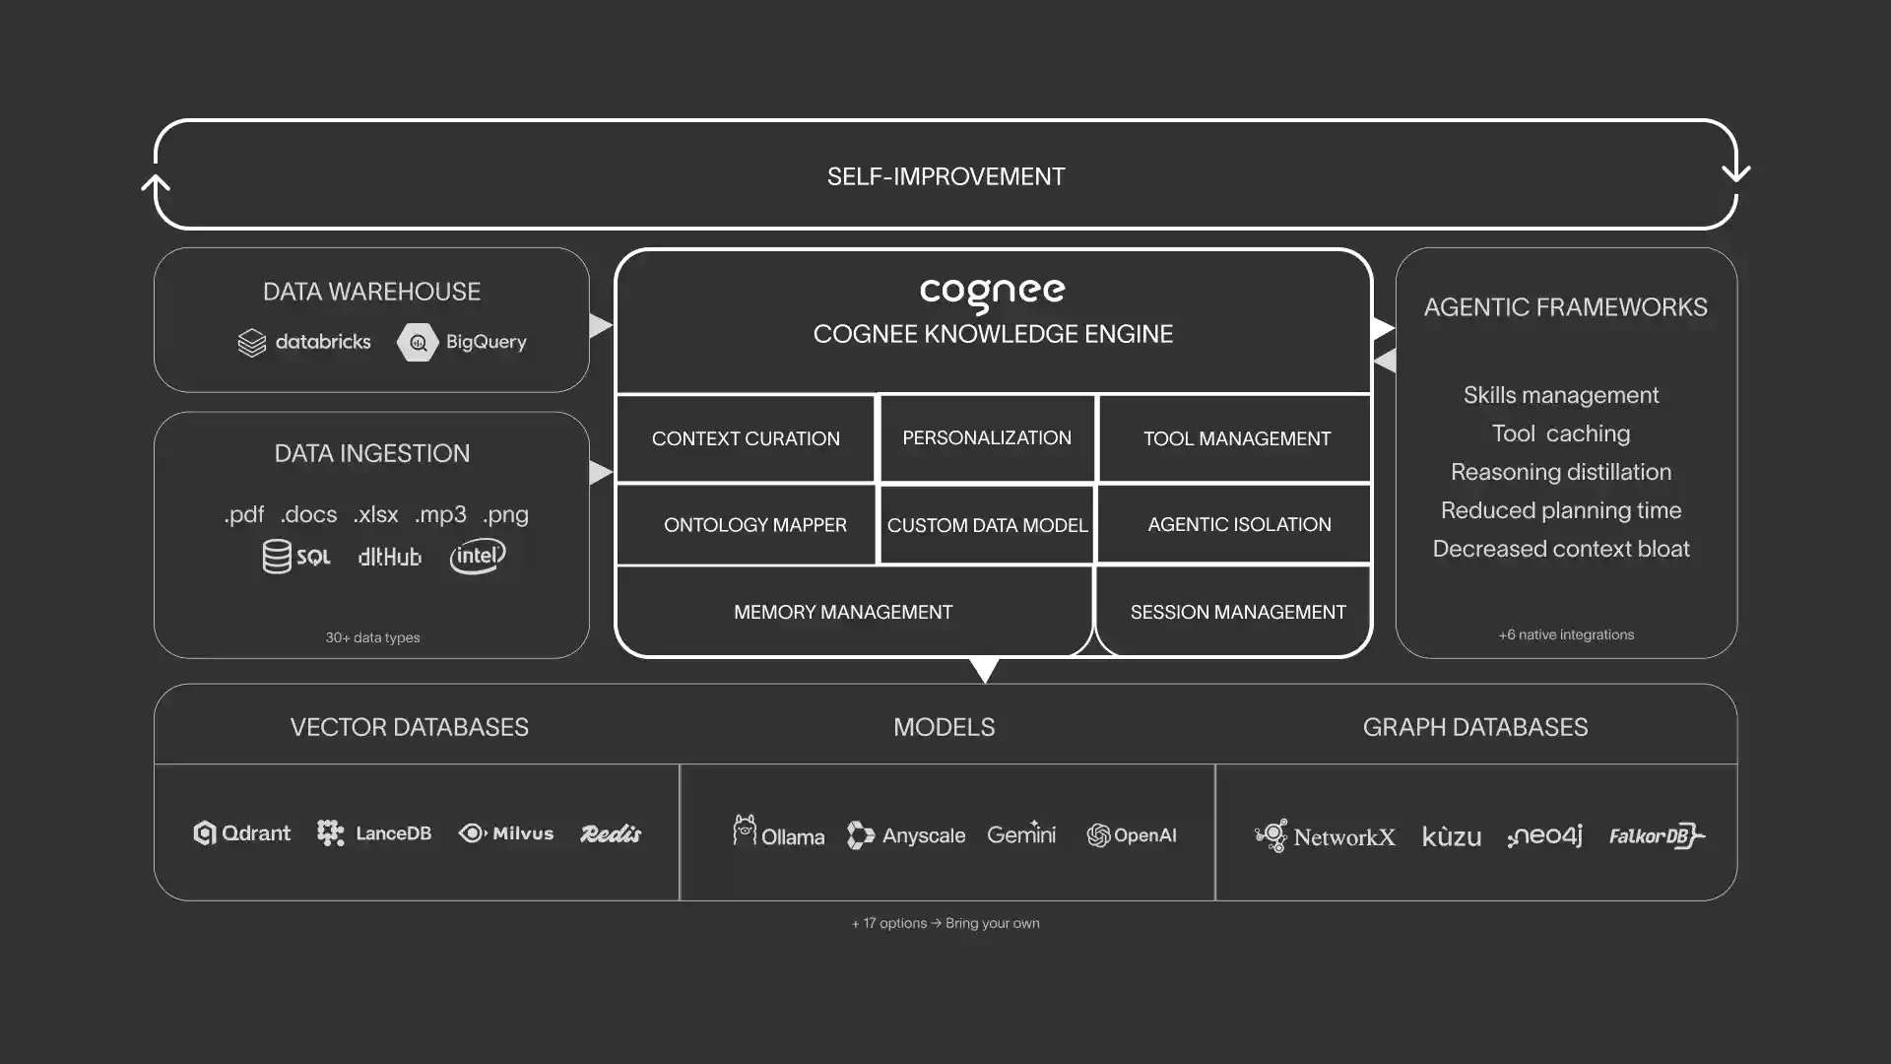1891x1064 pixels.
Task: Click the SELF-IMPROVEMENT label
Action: (x=945, y=176)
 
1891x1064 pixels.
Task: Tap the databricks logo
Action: (x=304, y=343)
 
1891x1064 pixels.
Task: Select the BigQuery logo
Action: (x=462, y=343)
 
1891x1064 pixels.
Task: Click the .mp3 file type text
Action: (x=440, y=514)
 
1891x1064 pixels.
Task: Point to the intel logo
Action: (x=478, y=556)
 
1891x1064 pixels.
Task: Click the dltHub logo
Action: (x=389, y=557)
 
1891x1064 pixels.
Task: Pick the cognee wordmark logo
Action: (x=992, y=294)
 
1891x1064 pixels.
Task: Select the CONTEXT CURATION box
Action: (x=746, y=438)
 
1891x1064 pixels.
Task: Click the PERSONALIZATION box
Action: (x=987, y=438)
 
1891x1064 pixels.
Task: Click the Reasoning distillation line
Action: (x=1561, y=472)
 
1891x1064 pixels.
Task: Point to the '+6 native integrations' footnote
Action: (x=1566, y=634)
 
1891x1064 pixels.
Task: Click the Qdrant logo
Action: (x=242, y=833)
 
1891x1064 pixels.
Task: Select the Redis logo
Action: (x=611, y=833)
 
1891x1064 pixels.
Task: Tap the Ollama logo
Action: (x=778, y=832)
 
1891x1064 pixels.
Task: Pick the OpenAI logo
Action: (x=1132, y=835)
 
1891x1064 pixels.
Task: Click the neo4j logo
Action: (x=1544, y=835)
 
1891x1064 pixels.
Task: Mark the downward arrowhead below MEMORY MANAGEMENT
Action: (x=984, y=670)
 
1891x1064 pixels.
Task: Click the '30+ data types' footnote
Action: (x=372, y=637)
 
